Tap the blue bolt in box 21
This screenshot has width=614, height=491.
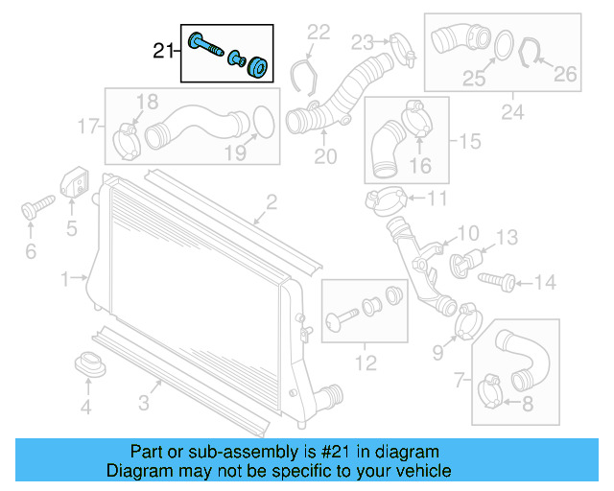coord(206,46)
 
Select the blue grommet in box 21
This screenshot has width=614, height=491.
coord(256,68)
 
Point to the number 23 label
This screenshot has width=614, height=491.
coord(361,41)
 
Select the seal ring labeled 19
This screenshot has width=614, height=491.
coord(260,123)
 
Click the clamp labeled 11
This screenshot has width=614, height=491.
coord(385,200)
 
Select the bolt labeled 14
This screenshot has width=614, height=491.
coord(500,280)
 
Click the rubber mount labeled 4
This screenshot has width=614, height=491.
coord(87,365)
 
